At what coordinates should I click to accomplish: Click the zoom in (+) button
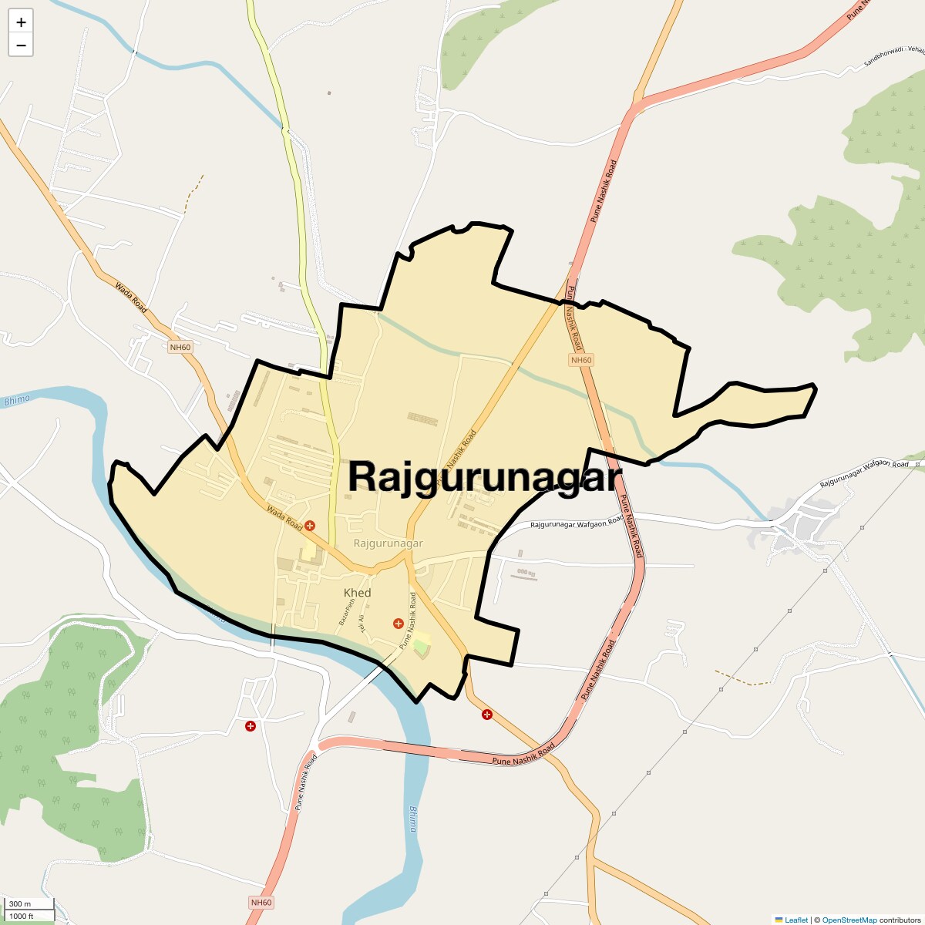click(x=21, y=22)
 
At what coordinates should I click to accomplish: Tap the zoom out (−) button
click(x=21, y=45)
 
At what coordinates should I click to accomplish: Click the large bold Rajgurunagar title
click(x=484, y=476)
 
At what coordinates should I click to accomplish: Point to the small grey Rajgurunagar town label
click(x=388, y=543)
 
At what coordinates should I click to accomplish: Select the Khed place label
click(x=357, y=593)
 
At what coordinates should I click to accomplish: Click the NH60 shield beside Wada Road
click(x=180, y=347)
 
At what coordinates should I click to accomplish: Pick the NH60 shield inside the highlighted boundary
click(x=581, y=360)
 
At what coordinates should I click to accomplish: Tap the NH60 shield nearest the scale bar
click(x=261, y=903)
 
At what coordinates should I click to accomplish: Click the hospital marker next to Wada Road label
click(x=309, y=526)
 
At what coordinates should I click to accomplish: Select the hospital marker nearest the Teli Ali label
click(x=398, y=623)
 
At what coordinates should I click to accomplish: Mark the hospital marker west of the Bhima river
click(x=251, y=726)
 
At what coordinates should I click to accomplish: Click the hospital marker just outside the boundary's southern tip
click(x=486, y=715)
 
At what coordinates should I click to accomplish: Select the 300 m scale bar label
click(x=20, y=903)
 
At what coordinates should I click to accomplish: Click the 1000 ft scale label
click(x=22, y=916)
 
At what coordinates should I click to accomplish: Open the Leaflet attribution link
click(x=795, y=920)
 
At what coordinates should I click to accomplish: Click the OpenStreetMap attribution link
click(x=849, y=920)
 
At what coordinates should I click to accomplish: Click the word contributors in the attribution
click(x=900, y=920)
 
